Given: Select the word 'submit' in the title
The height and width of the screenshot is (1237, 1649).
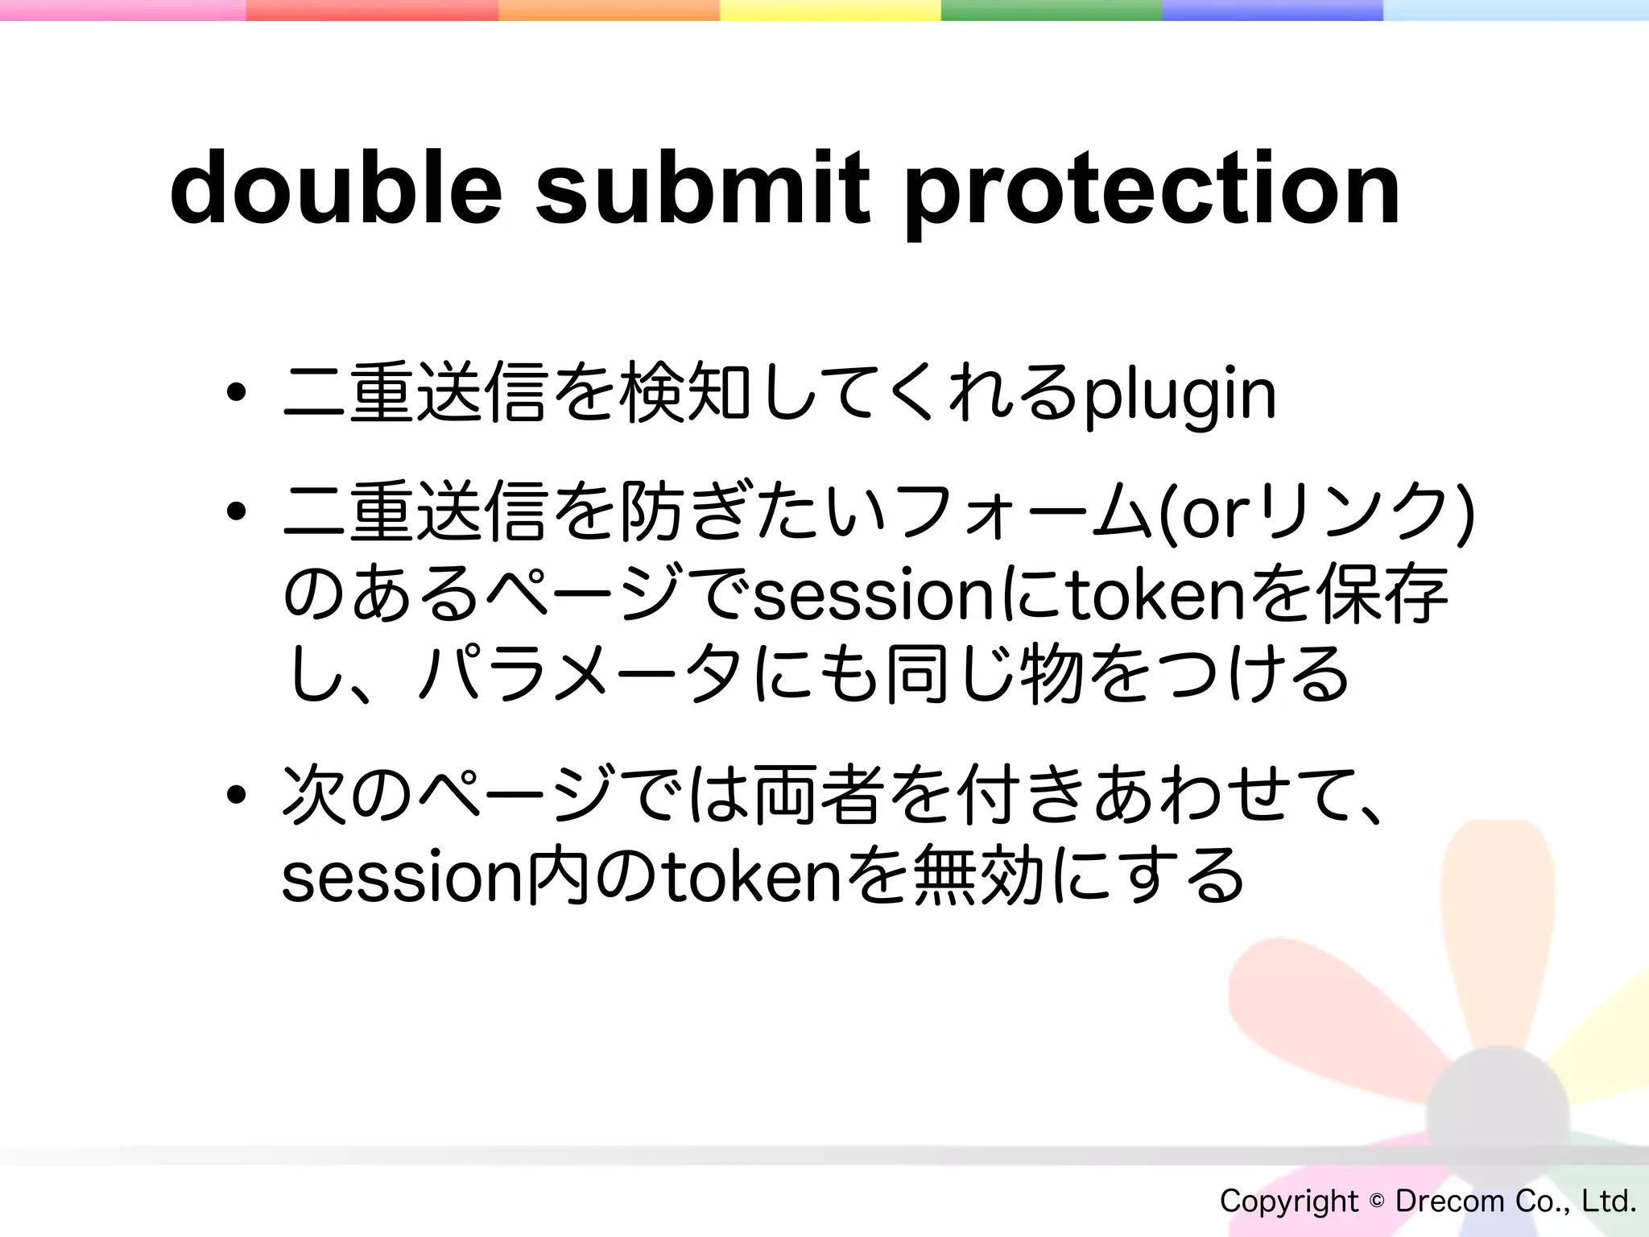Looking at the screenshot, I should (x=702, y=189).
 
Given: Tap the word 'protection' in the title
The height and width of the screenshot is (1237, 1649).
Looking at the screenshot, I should (x=1152, y=193).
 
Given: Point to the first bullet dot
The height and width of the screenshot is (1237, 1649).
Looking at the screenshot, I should (x=236, y=394).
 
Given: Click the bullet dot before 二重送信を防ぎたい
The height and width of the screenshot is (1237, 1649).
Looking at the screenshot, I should (x=236, y=511).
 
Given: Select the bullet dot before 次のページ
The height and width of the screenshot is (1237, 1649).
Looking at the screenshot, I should (x=236, y=796).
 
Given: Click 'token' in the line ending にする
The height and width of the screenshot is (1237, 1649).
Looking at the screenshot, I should (x=749, y=878).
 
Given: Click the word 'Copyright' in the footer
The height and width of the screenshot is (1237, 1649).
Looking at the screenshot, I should (x=1288, y=1201).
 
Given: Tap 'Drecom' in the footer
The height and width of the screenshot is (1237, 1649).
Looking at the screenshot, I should (x=1449, y=1201).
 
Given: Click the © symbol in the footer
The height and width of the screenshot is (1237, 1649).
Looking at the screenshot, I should (x=1376, y=1201).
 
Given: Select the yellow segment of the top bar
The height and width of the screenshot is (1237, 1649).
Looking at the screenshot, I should (x=829, y=10).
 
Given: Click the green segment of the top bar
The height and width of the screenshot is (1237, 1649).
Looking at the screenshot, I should (x=1051, y=10).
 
